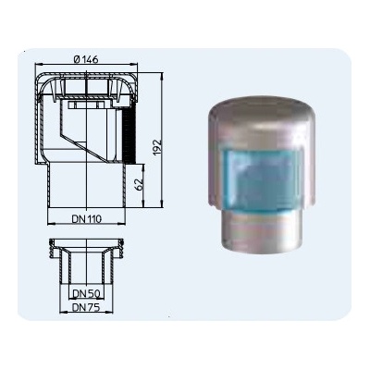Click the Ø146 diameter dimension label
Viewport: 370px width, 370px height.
(x=86, y=59)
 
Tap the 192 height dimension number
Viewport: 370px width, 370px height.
(x=157, y=148)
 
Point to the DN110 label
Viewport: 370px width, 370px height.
(x=87, y=219)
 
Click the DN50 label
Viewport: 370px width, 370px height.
(x=87, y=294)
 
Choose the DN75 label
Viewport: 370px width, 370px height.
(x=86, y=307)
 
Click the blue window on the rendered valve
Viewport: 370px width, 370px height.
(x=263, y=179)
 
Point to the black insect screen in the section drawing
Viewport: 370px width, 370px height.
(x=129, y=136)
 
